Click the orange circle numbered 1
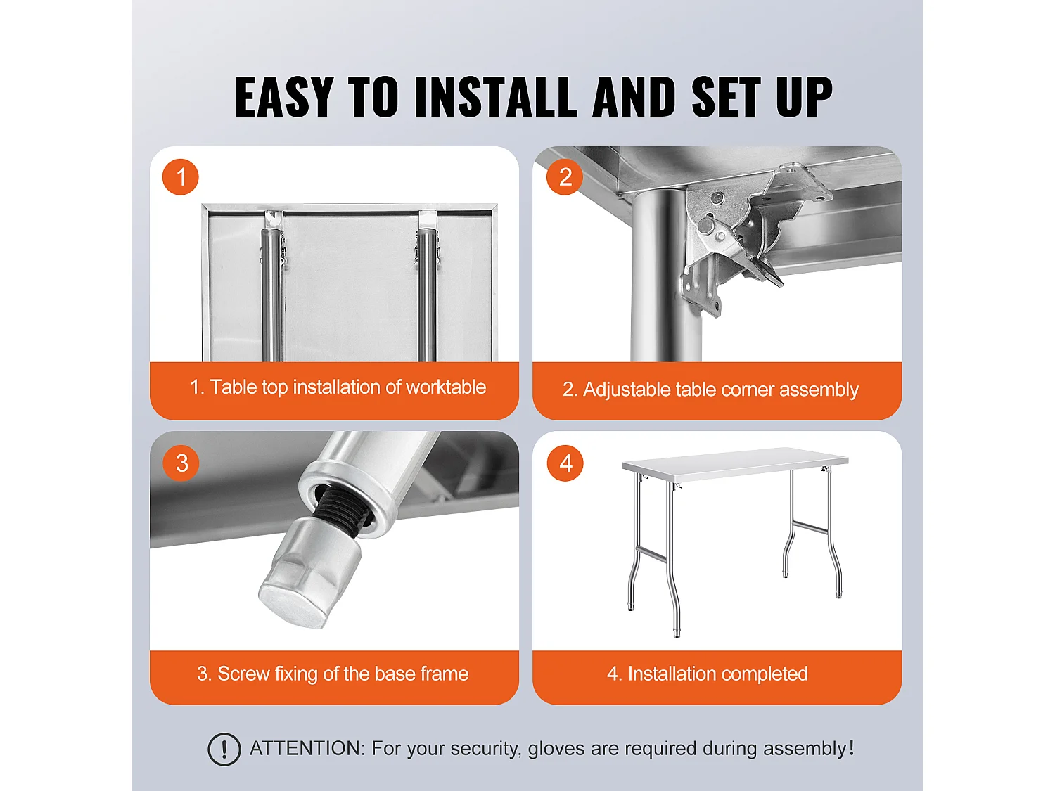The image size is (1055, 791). point(180,176)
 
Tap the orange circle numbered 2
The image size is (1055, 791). point(565,176)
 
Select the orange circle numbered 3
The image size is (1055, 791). point(181,463)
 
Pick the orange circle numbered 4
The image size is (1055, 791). point(565,463)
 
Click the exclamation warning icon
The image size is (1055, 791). point(224,749)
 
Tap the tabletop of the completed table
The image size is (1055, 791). point(735,463)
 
